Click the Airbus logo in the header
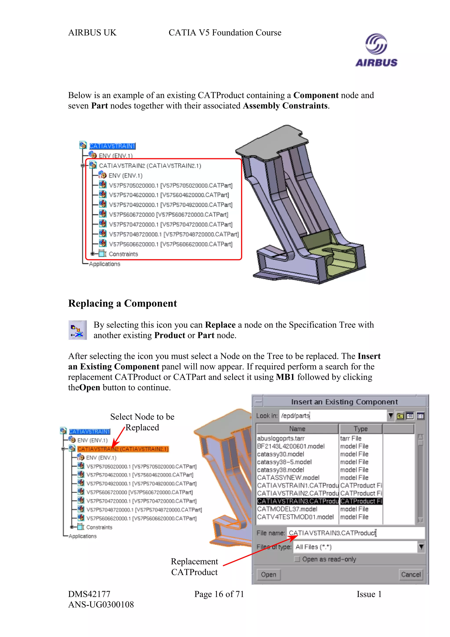pos(376,50)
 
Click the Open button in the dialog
pos(268,574)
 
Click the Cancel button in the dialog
pos(411,574)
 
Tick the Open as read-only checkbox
pos(297,559)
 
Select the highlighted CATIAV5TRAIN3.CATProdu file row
pos(298,501)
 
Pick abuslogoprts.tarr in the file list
pos(281,438)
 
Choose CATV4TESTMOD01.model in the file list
pos(295,517)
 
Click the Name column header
pos(297,429)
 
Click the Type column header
pos(360,429)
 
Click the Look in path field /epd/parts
pos(333,416)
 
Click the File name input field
pos(355,533)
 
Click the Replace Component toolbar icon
pos(77,330)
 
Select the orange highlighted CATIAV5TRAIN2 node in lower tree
pos(123,449)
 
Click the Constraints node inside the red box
pos(123,254)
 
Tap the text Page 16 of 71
pos(219,594)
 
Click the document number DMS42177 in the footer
pos(89,594)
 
